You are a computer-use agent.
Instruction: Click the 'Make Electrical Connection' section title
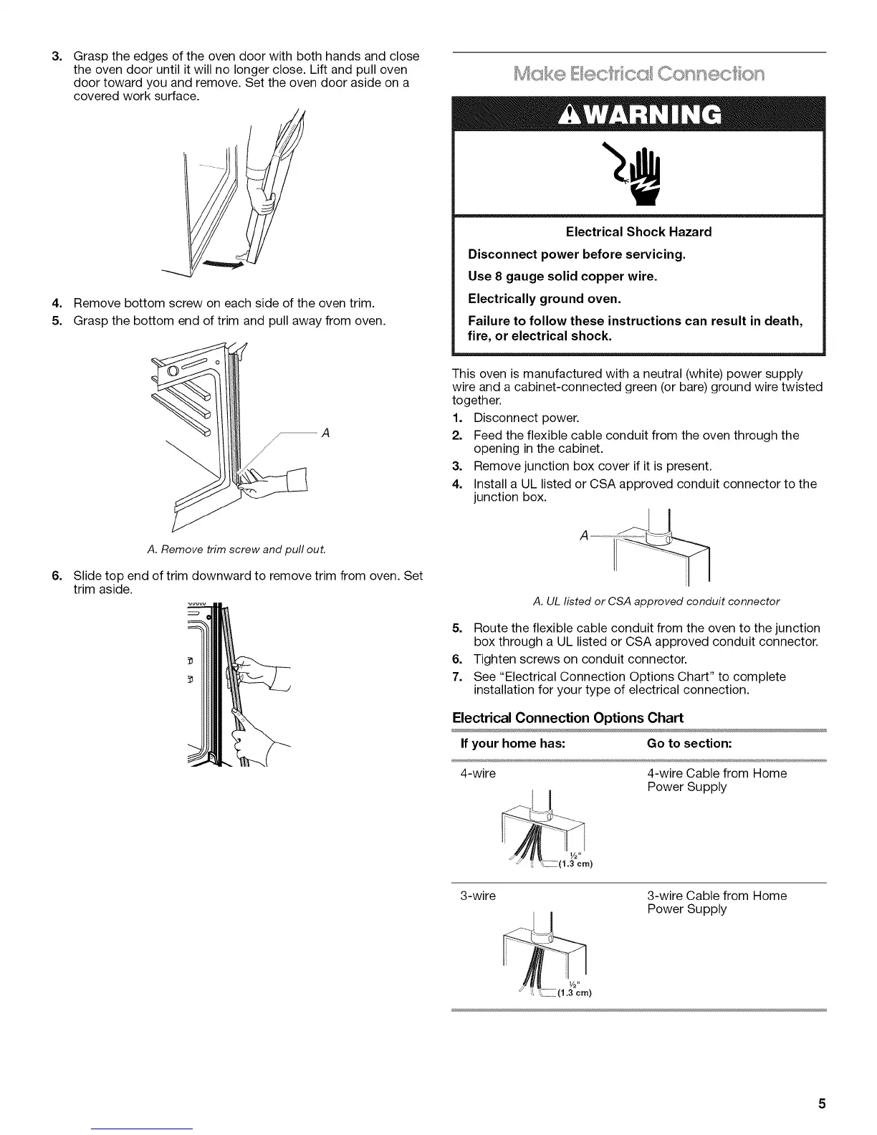coord(638,74)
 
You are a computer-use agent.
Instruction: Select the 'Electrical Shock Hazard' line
coord(638,232)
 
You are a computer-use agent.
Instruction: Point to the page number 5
coord(822,1103)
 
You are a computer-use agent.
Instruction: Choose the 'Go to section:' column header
coord(689,743)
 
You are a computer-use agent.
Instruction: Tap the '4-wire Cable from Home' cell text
coord(717,774)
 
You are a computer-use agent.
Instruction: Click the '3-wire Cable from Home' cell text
coord(717,896)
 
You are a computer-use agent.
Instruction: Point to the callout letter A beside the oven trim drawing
coord(325,433)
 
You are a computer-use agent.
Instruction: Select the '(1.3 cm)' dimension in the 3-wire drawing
coord(576,992)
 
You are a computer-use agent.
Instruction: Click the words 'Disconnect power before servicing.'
coord(576,254)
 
